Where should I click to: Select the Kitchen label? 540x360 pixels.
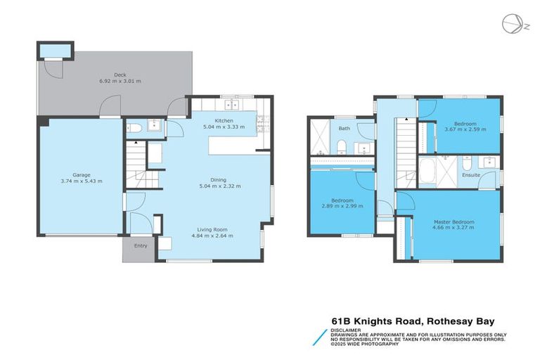click(224, 121)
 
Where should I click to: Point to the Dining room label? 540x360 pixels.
click(221, 179)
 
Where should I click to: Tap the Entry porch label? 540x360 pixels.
click(141, 247)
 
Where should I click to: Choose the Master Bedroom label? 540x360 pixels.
click(453, 222)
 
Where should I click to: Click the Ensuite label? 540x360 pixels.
click(471, 175)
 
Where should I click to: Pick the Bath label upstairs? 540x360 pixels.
click(344, 129)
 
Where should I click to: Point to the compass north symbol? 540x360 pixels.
click(512, 23)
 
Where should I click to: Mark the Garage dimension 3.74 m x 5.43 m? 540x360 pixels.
click(82, 181)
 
